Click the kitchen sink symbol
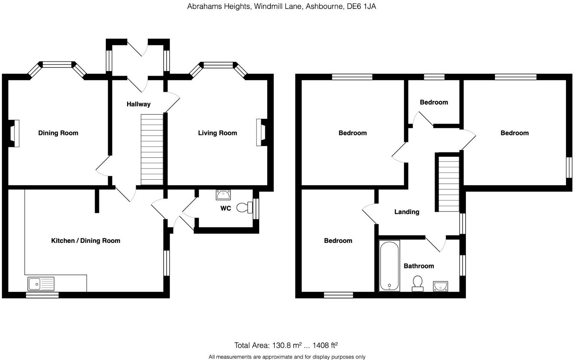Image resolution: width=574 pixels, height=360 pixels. (x=41, y=284)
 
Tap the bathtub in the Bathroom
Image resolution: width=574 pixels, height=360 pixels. (x=389, y=266)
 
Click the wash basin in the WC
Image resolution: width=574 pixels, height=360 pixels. (x=223, y=195)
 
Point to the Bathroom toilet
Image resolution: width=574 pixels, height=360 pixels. (x=418, y=284)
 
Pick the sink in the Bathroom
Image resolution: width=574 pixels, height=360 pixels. (x=440, y=286)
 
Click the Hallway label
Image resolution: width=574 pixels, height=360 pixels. (x=138, y=104)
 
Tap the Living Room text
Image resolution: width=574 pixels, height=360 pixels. (x=217, y=133)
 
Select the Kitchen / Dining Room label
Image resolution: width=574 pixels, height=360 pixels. (x=85, y=241)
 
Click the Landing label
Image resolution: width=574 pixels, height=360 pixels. (x=406, y=212)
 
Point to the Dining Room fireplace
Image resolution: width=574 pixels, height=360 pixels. (x=14, y=133)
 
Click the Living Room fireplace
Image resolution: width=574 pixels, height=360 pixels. (x=262, y=133)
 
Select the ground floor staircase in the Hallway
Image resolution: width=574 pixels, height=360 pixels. (x=152, y=149)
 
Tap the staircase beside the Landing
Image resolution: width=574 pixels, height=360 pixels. (x=449, y=184)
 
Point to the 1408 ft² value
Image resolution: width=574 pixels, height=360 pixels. (x=325, y=345)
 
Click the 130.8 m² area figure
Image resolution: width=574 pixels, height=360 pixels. (x=287, y=345)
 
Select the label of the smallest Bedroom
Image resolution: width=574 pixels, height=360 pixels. (x=433, y=102)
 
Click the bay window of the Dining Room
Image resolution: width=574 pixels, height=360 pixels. (x=58, y=65)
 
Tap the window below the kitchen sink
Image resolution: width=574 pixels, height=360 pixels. (x=42, y=295)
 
